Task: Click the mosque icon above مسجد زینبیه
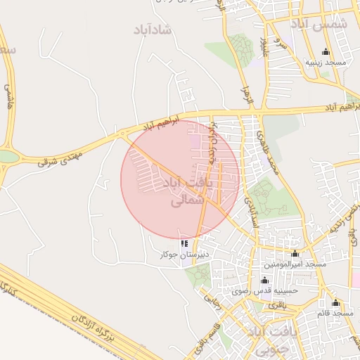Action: (326, 52)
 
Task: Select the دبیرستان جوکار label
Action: (179, 255)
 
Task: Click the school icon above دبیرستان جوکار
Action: (185, 243)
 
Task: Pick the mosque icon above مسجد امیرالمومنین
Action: (295, 253)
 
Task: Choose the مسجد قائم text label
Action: (336, 313)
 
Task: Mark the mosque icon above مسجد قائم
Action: (336, 303)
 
